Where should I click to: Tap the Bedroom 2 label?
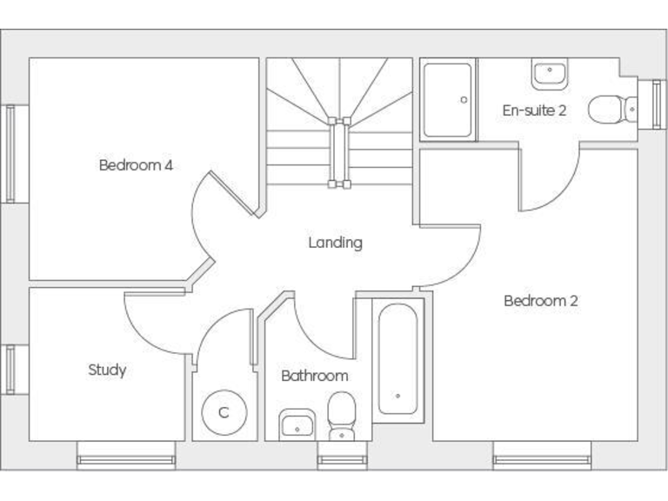pyautogui.click(x=540, y=301)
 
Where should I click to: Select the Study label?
pyautogui.click(x=107, y=370)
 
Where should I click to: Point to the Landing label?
pyautogui.click(x=335, y=243)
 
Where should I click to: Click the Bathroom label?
pyautogui.click(x=314, y=376)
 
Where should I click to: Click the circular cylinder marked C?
pyautogui.click(x=223, y=412)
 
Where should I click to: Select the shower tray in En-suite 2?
pyautogui.click(x=448, y=100)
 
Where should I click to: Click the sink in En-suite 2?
pyautogui.click(x=549, y=75)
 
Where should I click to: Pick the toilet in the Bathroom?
pyautogui.click(x=342, y=415)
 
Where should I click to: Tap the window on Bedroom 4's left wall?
pyautogui.click(x=10, y=154)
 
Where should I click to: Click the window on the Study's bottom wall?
pyautogui.click(x=125, y=456)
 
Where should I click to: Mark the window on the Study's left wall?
pyautogui.click(x=10, y=370)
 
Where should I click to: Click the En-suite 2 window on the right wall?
pyautogui.click(x=658, y=104)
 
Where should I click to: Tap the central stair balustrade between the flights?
pyautogui.click(x=337, y=153)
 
